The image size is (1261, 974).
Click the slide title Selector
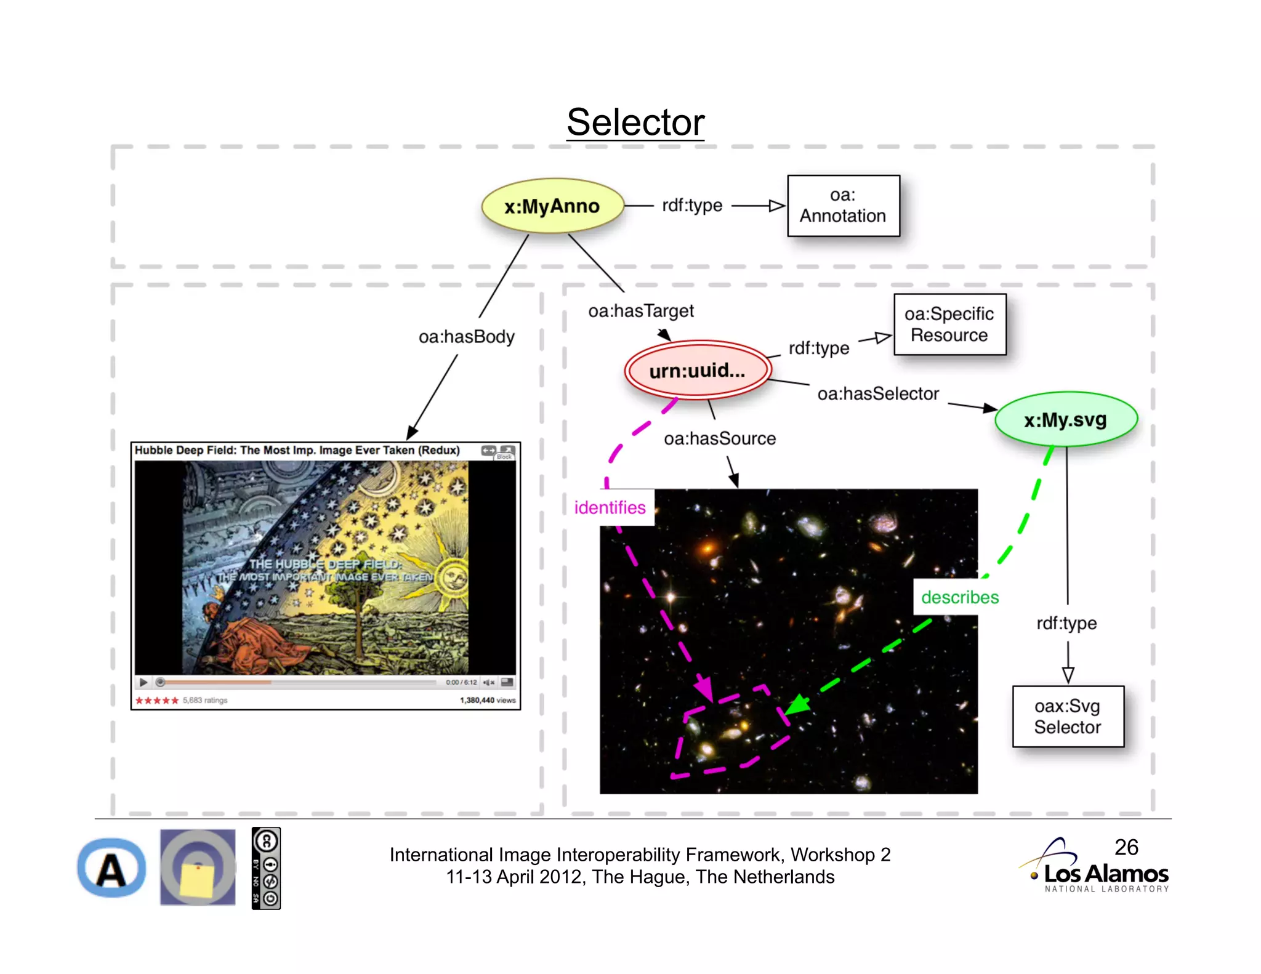pyautogui.click(x=635, y=122)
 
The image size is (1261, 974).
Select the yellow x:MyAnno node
pyautogui.click(x=552, y=206)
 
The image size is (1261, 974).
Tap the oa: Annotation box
pyautogui.click(x=843, y=206)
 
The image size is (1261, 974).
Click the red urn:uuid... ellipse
pyautogui.click(x=698, y=370)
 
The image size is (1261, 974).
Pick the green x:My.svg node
pyautogui.click(x=1066, y=420)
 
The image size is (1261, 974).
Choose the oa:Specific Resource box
pyautogui.click(x=949, y=324)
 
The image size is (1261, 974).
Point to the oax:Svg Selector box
pyautogui.click(x=1068, y=716)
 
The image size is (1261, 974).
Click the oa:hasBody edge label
pyautogui.click(x=466, y=337)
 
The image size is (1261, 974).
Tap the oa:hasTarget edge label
pyautogui.click(x=641, y=311)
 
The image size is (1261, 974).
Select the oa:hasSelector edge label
pyautogui.click(x=878, y=394)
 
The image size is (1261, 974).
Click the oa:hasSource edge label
pyautogui.click(x=720, y=438)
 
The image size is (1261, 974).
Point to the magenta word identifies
pyautogui.click(x=610, y=507)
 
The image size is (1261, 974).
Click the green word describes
pyautogui.click(x=960, y=597)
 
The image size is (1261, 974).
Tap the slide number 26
pyautogui.click(x=1126, y=847)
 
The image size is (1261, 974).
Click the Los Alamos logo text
pyautogui.click(x=1106, y=874)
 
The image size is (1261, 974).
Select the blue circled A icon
pyautogui.click(x=111, y=868)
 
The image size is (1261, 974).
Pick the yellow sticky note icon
pyautogui.click(x=198, y=867)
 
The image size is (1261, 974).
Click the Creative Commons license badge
pyautogui.click(x=266, y=868)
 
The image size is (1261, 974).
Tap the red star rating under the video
pyautogui.click(x=157, y=701)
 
